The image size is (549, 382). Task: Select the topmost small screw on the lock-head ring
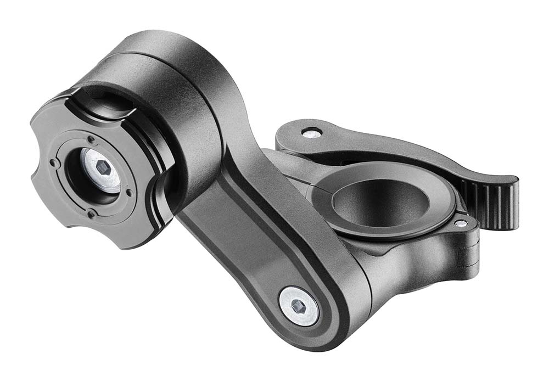(91, 139)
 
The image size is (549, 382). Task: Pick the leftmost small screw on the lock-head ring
(53, 163)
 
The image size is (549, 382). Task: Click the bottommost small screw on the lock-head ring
(89, 214)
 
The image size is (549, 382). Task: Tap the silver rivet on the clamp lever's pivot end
(311, 132)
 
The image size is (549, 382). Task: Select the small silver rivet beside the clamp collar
(460, 223)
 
